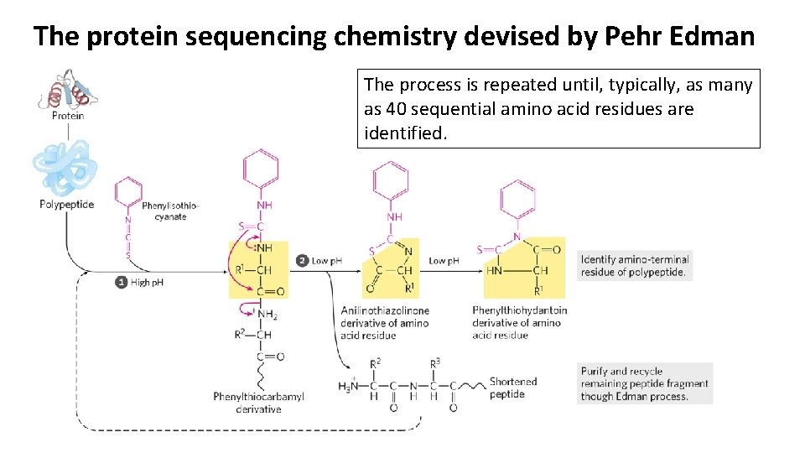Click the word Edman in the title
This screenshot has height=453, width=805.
pos(714,36)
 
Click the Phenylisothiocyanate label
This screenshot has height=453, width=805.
pos(170,211)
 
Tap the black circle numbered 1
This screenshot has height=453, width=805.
pos(122,282)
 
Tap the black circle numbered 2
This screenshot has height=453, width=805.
pos(302,261)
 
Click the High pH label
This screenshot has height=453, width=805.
pos(148,283)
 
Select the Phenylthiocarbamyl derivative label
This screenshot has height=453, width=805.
pos(258,403)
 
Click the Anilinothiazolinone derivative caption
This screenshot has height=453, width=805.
pos(385,323)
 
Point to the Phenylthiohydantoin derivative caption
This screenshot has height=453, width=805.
pos(519,323)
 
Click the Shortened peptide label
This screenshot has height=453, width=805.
pos(512,388)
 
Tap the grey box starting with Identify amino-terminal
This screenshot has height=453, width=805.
pos(635,265)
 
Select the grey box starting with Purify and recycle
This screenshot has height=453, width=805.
pos(644,383)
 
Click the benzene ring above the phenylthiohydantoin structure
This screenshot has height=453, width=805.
pos(517,200)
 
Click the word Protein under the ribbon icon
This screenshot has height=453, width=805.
pos(68,116)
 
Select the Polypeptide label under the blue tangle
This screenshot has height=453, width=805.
pos(66,205)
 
